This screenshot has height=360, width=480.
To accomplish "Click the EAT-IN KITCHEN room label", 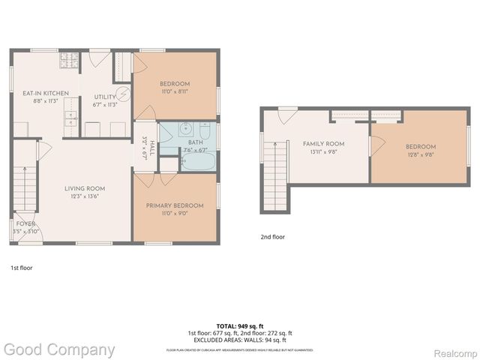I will (45, 93).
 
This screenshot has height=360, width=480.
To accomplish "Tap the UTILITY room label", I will (104, 97).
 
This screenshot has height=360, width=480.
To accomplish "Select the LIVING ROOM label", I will (84, 188).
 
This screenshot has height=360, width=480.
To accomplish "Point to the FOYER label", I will (25, 223).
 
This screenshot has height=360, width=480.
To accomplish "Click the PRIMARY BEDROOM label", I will (174, 205).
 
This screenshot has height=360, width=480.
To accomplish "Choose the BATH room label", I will (196, 142).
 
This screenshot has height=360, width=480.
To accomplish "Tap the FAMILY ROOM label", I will (323, 143).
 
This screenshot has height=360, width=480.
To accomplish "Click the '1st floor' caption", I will (21, 267).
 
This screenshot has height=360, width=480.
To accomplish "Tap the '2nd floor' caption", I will (273, 237).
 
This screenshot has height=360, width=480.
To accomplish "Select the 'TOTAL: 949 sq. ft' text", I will (239, 325).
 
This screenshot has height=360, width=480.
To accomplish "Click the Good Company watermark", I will (58, 349).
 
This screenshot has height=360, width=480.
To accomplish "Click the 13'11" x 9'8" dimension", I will (323, 151).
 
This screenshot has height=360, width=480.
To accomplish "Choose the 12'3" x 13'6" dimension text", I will (84, 196).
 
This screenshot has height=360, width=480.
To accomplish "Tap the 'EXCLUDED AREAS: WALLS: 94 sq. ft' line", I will (239, 340).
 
